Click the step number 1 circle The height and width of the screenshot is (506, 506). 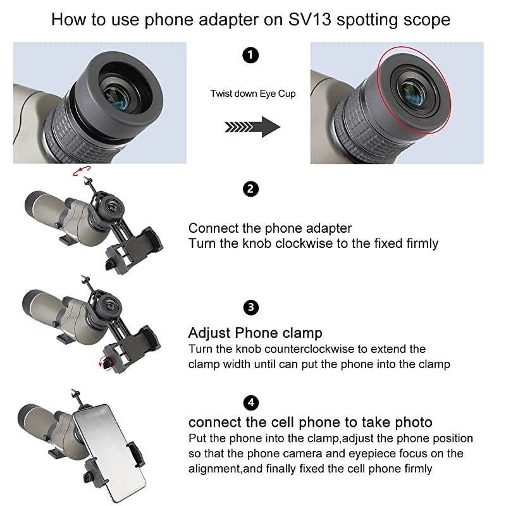point(250,55)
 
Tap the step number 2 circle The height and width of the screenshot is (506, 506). point(250,188)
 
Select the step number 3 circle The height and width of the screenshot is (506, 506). point(250,307)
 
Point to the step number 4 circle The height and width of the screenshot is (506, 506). point(250,403)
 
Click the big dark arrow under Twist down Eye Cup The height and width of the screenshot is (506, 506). point(252,127)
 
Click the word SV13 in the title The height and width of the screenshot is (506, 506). point(309,20)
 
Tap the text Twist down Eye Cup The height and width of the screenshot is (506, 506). point(253,94)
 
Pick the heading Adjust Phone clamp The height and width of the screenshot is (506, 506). point(256,333)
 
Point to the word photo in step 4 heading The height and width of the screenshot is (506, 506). point(414,423)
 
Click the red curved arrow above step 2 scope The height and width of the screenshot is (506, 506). point(82,171)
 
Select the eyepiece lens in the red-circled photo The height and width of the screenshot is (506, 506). point(414,94)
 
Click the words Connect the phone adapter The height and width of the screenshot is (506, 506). point(270,228)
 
